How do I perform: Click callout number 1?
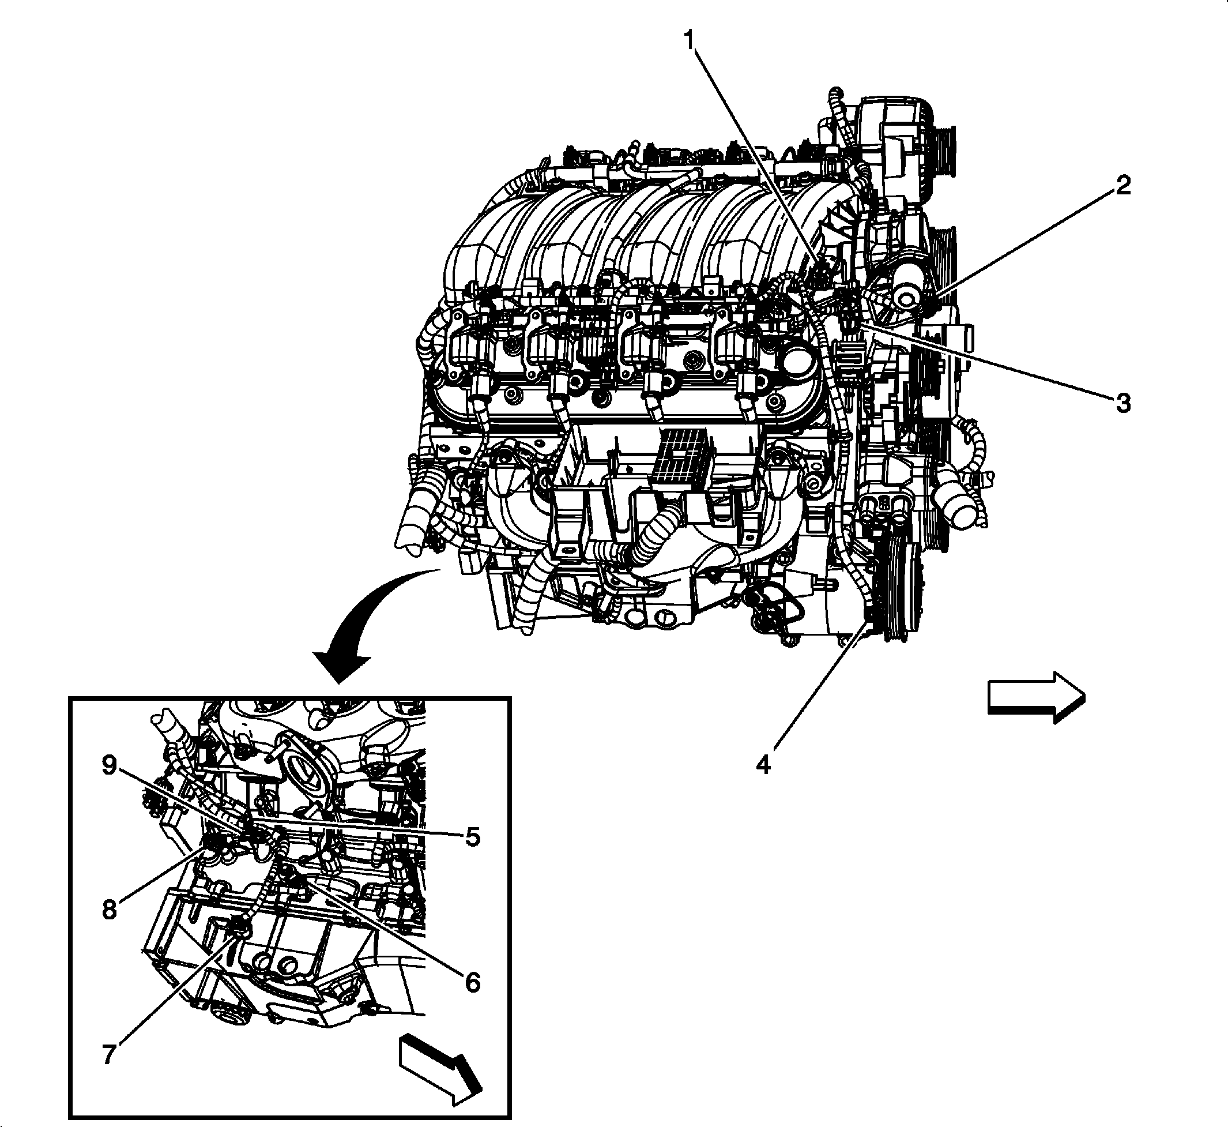689,42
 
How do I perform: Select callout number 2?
1123,186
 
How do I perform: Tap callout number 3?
1123,403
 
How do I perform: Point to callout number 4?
763,764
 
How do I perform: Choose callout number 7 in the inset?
108,1054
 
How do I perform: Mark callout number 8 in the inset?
108,911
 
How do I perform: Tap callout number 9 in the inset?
108,765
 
